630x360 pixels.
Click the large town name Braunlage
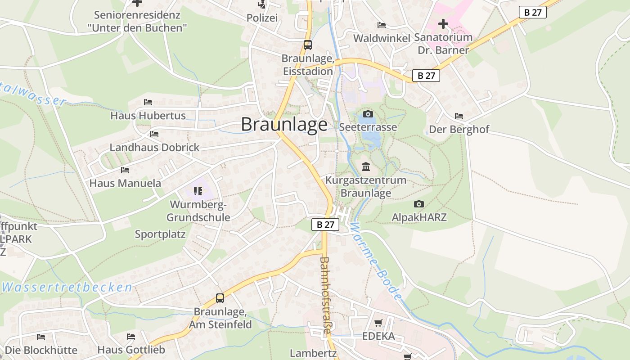coord(284,124)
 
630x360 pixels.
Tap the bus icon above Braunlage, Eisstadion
coord(308,45)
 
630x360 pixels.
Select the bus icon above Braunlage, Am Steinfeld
coord(220,298)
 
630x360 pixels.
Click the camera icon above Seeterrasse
coord(368,114)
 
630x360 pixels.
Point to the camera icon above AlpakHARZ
coord(419,204)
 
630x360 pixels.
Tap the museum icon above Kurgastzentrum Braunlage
coord(366,167)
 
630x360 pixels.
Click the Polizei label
coord(262,18)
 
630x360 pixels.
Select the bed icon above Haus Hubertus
coord(148,102)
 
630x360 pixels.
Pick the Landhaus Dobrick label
coord(154,148)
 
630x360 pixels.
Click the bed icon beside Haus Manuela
coord(125,170)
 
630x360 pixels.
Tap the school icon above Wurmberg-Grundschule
coord(198,192)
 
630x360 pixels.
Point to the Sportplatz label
coord(160,234)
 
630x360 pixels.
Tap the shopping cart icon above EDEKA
coord(378,323)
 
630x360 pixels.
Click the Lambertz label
coord(313,353)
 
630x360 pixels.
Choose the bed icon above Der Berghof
coord(459,116)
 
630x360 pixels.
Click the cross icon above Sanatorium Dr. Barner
coord(443,23)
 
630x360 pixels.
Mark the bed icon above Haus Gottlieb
coord(131,337)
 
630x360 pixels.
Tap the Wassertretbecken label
coord(67,287)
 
